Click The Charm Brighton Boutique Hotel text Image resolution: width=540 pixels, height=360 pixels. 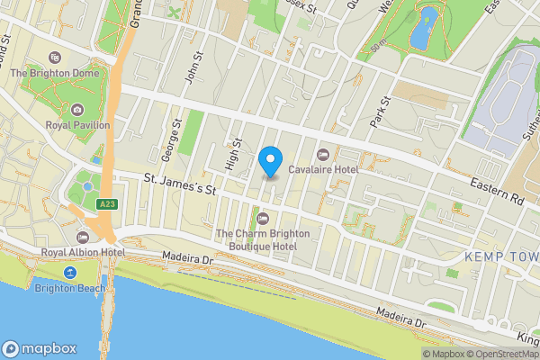point(263,239)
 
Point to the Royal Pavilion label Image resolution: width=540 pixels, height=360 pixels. point(78,126)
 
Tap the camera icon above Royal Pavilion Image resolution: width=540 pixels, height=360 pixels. point(78,110)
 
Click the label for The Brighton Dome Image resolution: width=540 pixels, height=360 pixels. point(67,72)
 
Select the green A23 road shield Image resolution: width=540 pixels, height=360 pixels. point(107,205)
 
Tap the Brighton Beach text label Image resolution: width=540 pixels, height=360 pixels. point(69,288)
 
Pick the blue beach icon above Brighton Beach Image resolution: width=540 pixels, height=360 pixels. point(69,273)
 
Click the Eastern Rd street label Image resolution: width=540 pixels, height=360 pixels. point(497,193)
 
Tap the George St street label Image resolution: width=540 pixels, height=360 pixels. point(177,134)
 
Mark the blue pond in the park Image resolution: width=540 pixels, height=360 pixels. point(421,29)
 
